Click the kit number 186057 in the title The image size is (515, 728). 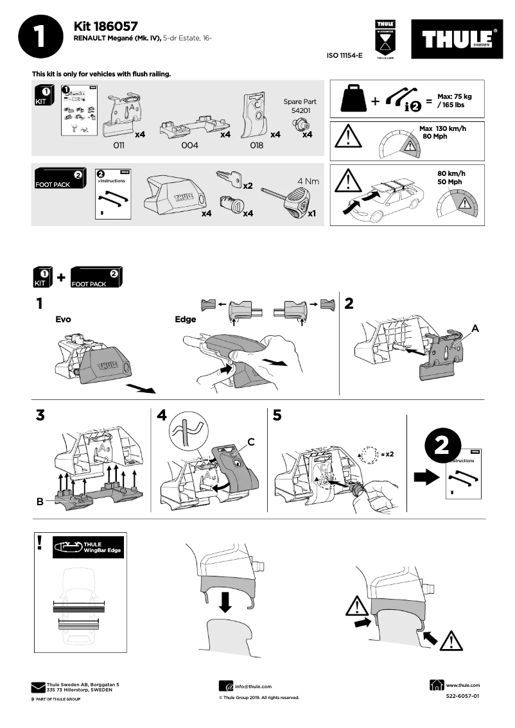118,26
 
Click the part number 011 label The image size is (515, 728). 118,146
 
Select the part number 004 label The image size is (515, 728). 189,146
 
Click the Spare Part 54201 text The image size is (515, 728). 300,106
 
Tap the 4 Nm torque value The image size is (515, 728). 308,181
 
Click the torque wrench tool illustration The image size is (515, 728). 292,199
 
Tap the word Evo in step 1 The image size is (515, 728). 63,318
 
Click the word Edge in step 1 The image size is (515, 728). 185,318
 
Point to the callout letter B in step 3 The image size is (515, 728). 40,502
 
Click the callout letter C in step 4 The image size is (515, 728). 251,442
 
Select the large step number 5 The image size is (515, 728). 277,415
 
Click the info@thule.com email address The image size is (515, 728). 253,686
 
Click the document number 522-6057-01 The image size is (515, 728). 462,696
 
